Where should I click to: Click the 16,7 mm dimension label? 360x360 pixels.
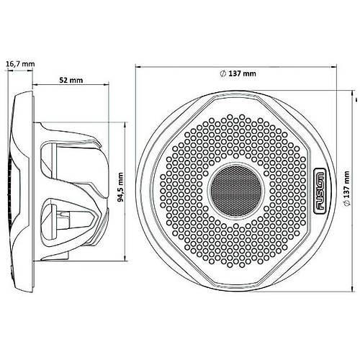20,64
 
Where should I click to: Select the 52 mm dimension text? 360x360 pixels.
71,80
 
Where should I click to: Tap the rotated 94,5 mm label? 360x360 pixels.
121,187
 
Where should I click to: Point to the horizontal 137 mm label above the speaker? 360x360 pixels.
238,73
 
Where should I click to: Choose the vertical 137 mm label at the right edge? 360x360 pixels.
346,188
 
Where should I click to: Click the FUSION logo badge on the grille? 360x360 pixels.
320,191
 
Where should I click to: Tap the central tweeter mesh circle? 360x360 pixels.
235,191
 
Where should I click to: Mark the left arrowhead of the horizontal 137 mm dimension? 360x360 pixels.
138,67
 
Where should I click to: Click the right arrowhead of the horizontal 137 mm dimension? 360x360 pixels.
334,67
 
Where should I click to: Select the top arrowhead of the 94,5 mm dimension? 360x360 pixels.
125,125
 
